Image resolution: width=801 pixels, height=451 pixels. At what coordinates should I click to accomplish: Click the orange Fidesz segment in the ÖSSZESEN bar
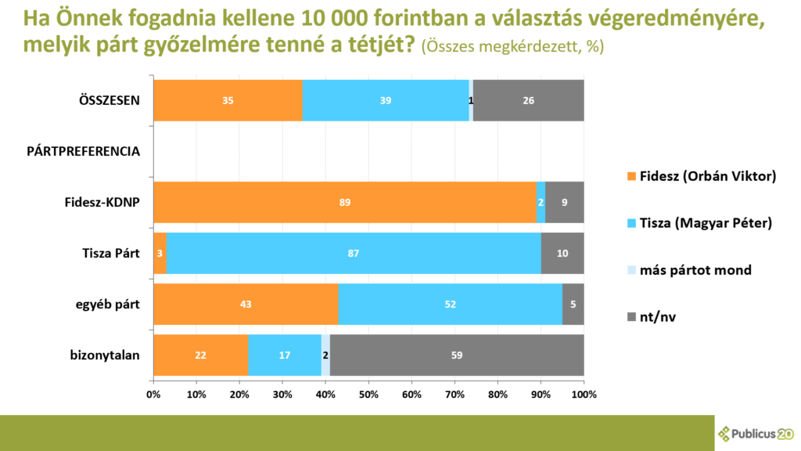click(x=228, y=100)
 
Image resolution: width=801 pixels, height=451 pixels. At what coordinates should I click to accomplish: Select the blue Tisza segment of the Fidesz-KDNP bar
click(x=541, y=203)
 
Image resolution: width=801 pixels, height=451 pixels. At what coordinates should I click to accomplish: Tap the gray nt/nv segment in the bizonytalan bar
click(x=457, y=355)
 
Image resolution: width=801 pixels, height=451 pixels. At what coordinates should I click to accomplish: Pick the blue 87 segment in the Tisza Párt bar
click(x=354, y=254)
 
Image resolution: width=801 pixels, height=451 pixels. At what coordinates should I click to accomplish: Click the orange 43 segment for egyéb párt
click(x=246, y=305)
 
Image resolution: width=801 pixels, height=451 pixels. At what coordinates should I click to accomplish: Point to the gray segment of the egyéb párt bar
click(x=573, y=305)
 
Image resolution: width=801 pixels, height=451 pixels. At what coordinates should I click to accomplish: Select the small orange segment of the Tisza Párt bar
click(x=160, y=254)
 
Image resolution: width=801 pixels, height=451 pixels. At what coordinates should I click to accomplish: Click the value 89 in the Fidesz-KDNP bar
click(x=345, y=203)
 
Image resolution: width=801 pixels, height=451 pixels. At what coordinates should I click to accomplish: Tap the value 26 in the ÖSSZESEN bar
click(x=529, y=100)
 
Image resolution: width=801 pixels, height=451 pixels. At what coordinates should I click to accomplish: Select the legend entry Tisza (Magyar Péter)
click(x=705, y=223)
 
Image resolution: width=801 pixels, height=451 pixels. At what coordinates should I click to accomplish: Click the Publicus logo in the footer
click(x=755, y=433)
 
